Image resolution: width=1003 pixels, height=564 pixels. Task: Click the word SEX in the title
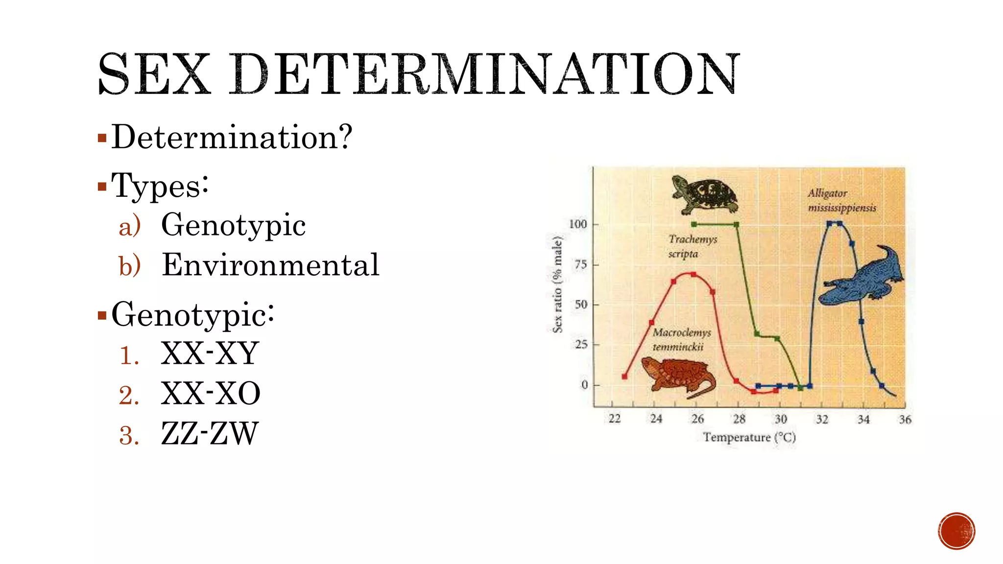click(154, 74)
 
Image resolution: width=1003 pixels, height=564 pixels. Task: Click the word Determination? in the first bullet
click(232, 137)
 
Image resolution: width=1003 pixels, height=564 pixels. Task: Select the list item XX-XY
click(210, 353)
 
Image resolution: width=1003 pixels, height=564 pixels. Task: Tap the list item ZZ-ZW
click(209, 434)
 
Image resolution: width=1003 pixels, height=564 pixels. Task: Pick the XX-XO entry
click(211, 394)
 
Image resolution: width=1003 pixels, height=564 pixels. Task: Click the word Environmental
click(270, 265)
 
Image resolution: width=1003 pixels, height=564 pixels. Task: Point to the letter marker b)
click(130, 266)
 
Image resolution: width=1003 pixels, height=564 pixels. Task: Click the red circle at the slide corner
click(956, 531)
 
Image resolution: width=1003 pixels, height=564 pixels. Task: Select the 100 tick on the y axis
click(578, 224)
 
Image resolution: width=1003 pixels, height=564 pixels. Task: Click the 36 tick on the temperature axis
click(905, 420)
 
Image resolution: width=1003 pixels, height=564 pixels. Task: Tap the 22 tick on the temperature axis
click(615, 419)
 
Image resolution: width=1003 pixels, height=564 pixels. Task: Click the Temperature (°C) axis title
click(749, 437)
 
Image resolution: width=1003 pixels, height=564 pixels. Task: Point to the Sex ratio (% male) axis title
click(557, 284)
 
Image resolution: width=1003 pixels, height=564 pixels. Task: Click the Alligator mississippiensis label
click(841, 200)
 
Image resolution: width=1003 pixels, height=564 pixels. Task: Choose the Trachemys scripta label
click(692, 246)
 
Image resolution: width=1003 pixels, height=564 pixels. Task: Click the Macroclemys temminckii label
click(681, 339)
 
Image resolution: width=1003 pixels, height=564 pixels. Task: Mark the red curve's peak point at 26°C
click(693, 274)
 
